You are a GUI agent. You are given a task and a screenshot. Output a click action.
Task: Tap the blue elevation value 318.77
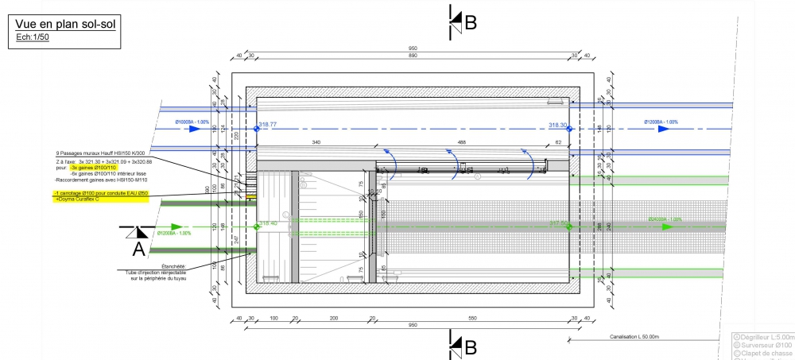click(267, 124)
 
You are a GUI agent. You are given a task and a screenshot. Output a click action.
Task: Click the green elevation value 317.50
click(560, 223)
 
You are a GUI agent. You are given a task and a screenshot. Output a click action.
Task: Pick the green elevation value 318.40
click(268, 223)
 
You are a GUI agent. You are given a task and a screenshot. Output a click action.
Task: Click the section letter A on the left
click(138, 249)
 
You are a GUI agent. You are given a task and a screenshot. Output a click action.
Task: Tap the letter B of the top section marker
click(470, 23)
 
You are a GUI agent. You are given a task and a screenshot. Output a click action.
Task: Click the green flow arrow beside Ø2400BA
click(668, 226)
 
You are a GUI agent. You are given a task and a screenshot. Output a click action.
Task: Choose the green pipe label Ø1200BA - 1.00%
click(174, 233)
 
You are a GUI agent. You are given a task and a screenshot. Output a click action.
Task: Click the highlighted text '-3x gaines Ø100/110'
click(94, 168)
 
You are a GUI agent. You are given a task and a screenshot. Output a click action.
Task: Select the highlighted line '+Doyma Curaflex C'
click(77, 199)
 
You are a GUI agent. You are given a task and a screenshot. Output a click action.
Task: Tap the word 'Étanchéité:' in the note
click(173, 266)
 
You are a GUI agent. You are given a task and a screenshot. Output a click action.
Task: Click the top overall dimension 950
click(413, 49)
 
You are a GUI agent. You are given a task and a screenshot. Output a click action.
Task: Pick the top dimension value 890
click(413, 56)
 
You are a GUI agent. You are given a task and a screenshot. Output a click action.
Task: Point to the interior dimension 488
click(462, 142)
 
